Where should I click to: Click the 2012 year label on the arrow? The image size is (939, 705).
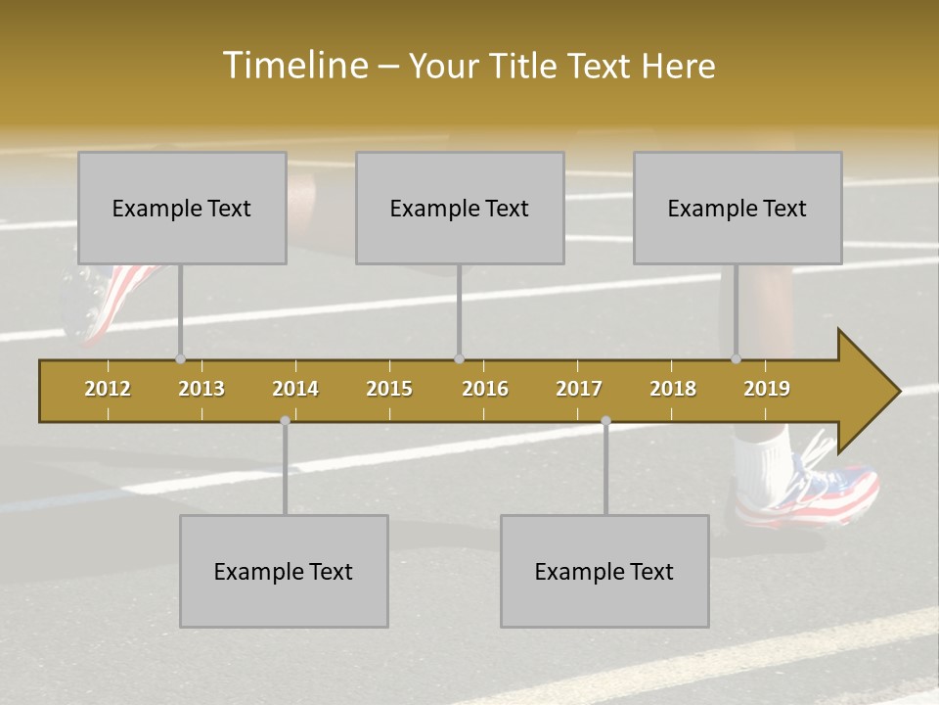(x=108, y=389)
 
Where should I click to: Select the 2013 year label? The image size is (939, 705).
(x=201, y=389)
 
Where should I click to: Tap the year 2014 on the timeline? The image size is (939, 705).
(x=295, y=389)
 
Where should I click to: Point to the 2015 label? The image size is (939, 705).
(x=389, y=389)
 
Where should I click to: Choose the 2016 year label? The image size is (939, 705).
(x=485, y=389)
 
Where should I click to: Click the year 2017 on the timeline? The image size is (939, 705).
(x=579, y=389)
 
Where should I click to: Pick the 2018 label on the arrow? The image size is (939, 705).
(x=673, y=389)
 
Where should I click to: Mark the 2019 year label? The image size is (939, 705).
(x=767, y=389)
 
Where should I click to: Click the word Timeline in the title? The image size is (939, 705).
(x=293, y=66)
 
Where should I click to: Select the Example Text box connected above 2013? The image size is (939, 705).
(x=182, y=208)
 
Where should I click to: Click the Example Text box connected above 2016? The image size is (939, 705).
(x=460, y=208)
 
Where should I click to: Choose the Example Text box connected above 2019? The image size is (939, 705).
(x=738, y=208)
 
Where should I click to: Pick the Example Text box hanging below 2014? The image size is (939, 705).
(x=284, y=571)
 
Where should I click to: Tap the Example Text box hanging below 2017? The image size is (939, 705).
(x=604, y=571)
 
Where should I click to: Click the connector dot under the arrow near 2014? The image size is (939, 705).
(x=285, y=421)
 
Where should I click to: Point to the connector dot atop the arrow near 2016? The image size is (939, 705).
(x=459, y=359)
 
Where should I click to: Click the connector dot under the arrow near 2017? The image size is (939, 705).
(x=605, y=421)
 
